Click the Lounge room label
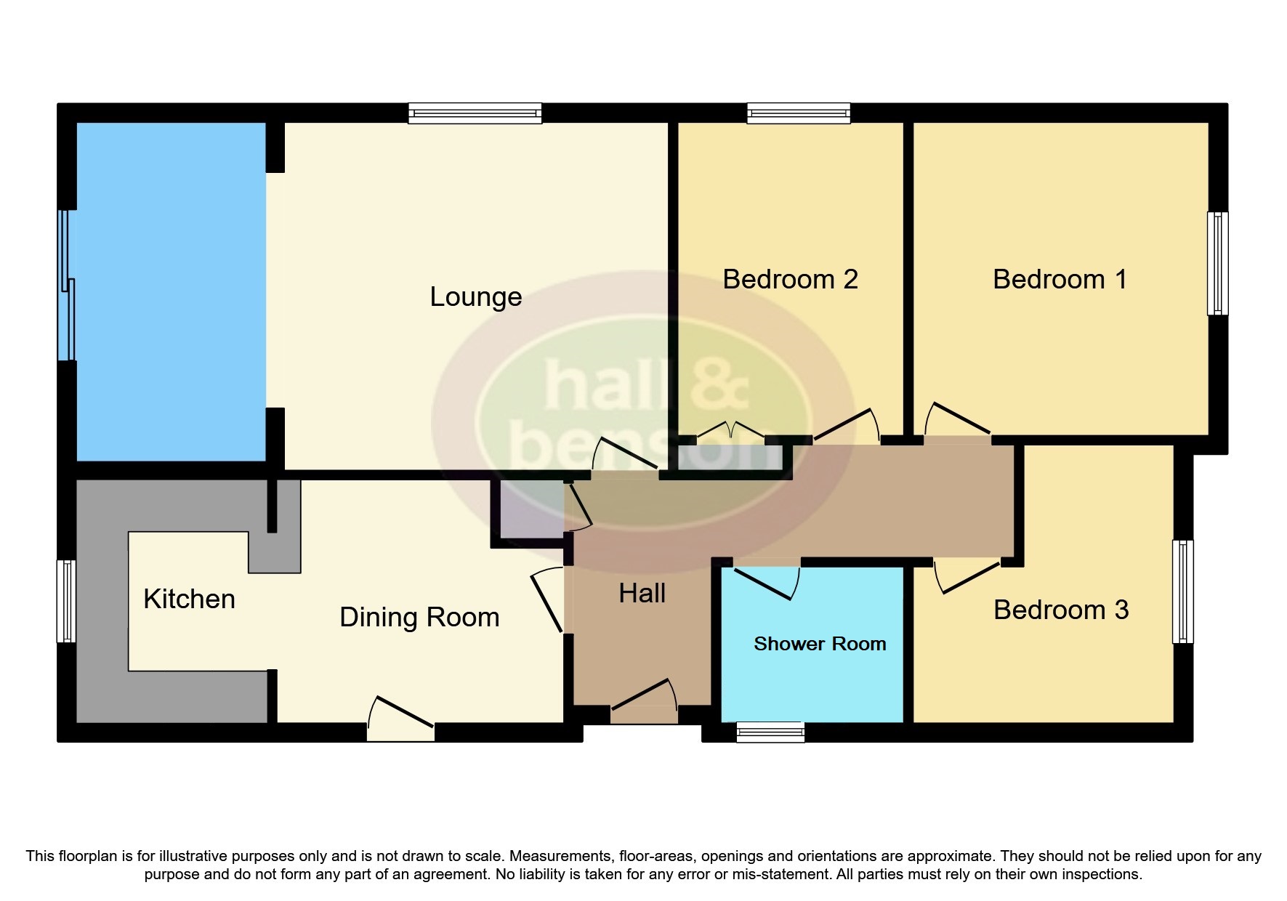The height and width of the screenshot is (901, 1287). click(x=475, y=297)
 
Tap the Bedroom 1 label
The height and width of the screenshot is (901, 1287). click(x=1059, y=280)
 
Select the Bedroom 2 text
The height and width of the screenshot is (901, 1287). click(x=790, y=280)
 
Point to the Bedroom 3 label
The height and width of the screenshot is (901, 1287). click(x=1060, y=610)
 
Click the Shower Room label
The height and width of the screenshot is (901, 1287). click(x=819, y=645)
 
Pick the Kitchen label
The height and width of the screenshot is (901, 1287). click(x=189, y=599)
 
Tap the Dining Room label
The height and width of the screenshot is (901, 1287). click(x=419, y=618)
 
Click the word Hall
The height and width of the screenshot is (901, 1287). click(x=642, y=594)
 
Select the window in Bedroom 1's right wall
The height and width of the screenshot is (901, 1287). click(x=1217, y=263)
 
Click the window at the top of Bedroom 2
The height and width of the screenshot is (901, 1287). click(x=798, y=113)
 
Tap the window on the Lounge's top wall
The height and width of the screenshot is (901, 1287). click(x=475, y=113)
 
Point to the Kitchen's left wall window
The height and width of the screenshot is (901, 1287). click(x=67, y=601)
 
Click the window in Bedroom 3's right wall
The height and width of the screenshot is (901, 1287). click(x=1182, y=591)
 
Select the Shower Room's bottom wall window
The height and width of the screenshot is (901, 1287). click(x=770, y=732)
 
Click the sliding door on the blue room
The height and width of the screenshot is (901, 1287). click(x=68, y=286)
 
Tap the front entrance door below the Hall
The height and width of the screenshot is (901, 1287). click(x=644, y=705)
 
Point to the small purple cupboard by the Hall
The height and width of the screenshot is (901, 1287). click(x=529, y=512)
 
